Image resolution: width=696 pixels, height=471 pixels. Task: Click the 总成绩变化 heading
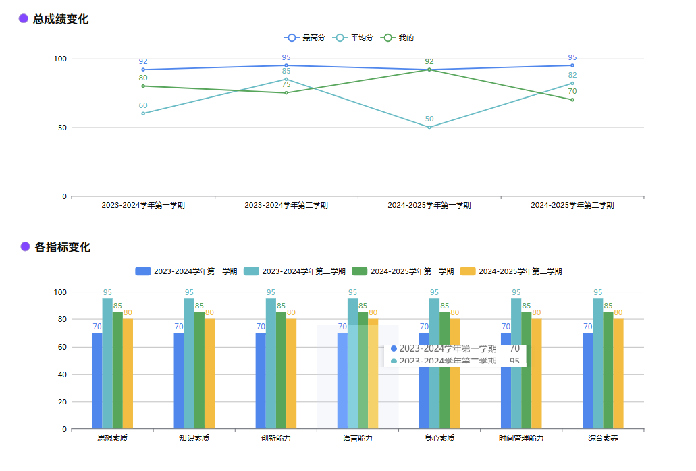pos(60,19)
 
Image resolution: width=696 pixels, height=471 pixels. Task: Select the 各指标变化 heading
pos(62,247)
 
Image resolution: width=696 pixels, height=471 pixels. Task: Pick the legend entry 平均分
pos(362,38)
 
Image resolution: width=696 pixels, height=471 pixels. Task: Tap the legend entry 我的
pos(406,38)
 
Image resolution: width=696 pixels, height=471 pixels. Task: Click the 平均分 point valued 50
pos(429,128)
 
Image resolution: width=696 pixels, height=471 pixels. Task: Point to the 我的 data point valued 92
pos(429,70)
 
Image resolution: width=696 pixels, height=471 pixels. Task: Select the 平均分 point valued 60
pos(143,113)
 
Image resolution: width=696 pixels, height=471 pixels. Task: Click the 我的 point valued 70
pos(572,100)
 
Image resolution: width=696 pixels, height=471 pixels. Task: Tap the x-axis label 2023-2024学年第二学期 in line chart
pos(286,205)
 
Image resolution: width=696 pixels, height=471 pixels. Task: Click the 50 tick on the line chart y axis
pos(62,128)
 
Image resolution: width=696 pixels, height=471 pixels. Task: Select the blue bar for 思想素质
pos(97,381)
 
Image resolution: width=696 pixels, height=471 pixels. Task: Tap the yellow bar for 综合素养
pos(618,374)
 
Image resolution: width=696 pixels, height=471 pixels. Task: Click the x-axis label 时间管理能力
pos(521,438)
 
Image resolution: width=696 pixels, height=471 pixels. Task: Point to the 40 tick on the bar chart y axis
pos(63,375)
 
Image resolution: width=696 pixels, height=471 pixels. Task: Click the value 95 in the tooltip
pos(514,361)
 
